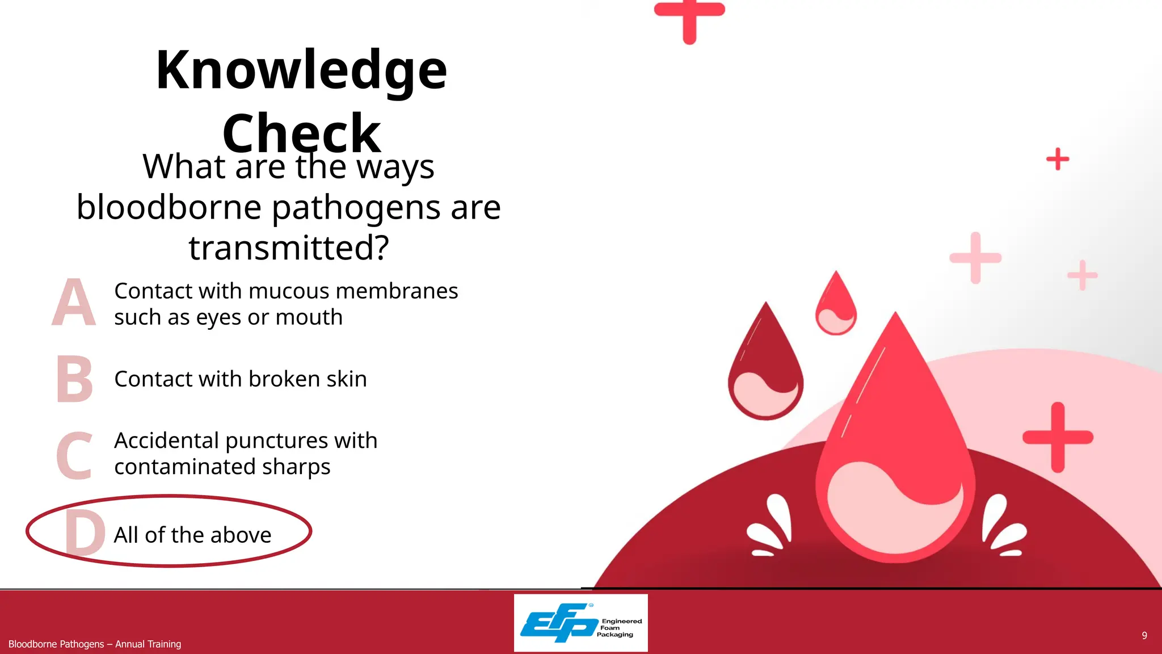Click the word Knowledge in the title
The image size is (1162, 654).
point(301,70)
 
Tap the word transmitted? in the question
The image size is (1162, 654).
point(289,248)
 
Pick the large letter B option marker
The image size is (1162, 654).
point(74,379)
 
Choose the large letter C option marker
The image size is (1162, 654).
point(74,455)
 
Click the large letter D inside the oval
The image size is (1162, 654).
point(85,532)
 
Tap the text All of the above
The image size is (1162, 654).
point(192,535)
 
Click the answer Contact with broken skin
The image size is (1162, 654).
point(240,379)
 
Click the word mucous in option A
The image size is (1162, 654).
point(289,291)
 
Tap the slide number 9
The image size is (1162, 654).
point(1144,635)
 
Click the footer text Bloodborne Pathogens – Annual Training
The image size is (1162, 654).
point(95,644)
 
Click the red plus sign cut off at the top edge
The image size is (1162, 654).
point(689,17)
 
